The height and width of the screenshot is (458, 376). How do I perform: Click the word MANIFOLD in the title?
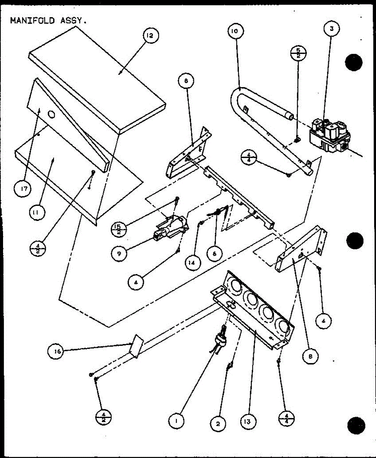click(x=32, y=20)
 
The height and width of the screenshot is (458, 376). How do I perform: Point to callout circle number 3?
click(x=332, y=29)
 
